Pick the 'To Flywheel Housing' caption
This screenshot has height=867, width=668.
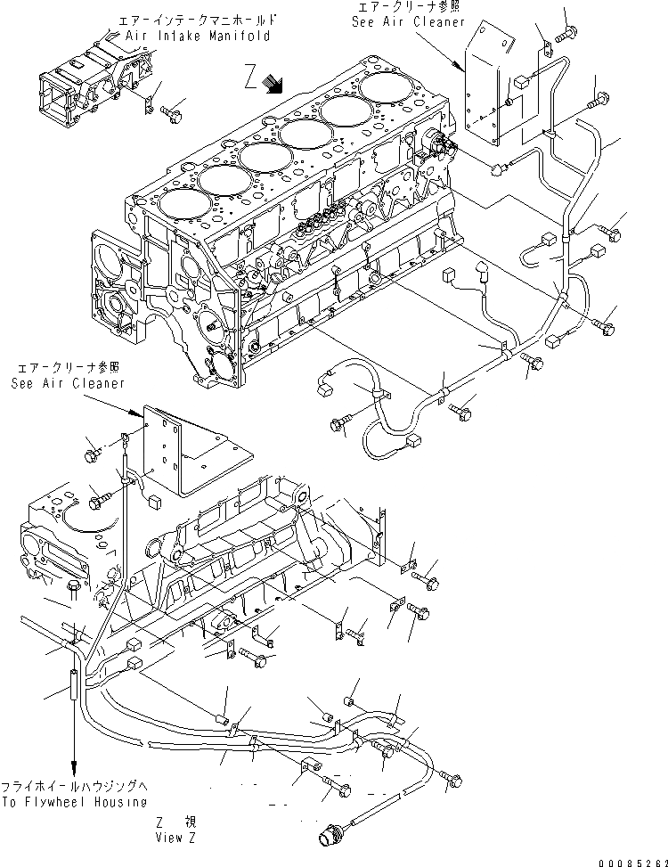coord(74,802)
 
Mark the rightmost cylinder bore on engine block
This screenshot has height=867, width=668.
coord(386,89)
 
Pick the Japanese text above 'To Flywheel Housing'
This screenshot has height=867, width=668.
coord(74,788)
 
